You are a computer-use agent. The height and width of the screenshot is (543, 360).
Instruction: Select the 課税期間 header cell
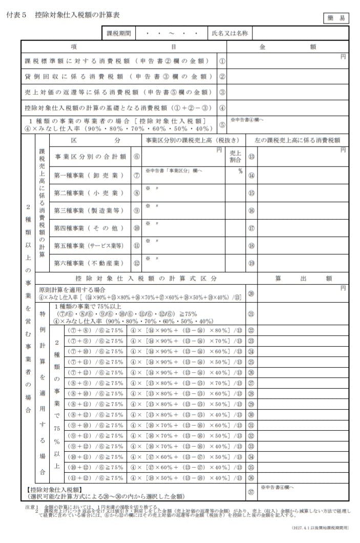coord(119,33)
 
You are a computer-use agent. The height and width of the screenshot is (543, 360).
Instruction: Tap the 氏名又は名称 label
coord(230,33)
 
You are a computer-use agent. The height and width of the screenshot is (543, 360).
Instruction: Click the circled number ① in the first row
coord(222,61)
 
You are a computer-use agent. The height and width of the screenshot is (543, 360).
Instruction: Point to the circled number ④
coord(222,108)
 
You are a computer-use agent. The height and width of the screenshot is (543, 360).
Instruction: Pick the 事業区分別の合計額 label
coord(89,156)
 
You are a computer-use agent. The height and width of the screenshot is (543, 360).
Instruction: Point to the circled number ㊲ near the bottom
coord(251,492)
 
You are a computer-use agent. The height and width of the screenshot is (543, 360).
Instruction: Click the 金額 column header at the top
coord(287,46)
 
